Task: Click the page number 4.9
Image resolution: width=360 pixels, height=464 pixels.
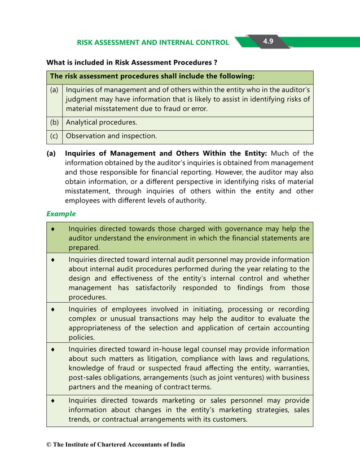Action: pos(267,42)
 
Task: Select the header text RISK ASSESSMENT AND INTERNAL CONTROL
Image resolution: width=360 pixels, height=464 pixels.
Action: pos(152,42)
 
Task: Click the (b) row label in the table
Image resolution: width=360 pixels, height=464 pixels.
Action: pos(54,122)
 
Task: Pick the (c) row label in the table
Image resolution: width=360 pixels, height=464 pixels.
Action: pos(54,136)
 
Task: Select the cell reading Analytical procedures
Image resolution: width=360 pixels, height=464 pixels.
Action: pos(102,122)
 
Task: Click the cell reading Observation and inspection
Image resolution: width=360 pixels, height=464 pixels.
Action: pos(111,136)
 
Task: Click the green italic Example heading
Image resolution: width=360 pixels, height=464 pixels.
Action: pos(61,214)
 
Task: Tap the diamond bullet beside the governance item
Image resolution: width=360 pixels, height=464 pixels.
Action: pos(53,229)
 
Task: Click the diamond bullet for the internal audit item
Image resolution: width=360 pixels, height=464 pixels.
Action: pos(53,259)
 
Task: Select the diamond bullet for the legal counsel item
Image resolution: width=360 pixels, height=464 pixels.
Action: pos(53,350)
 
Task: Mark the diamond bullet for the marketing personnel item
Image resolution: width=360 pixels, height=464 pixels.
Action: pos(53,400)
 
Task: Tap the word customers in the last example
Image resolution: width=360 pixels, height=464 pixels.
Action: pos(229,419)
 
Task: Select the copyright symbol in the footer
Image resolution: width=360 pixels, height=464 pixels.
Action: pos(49,445)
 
